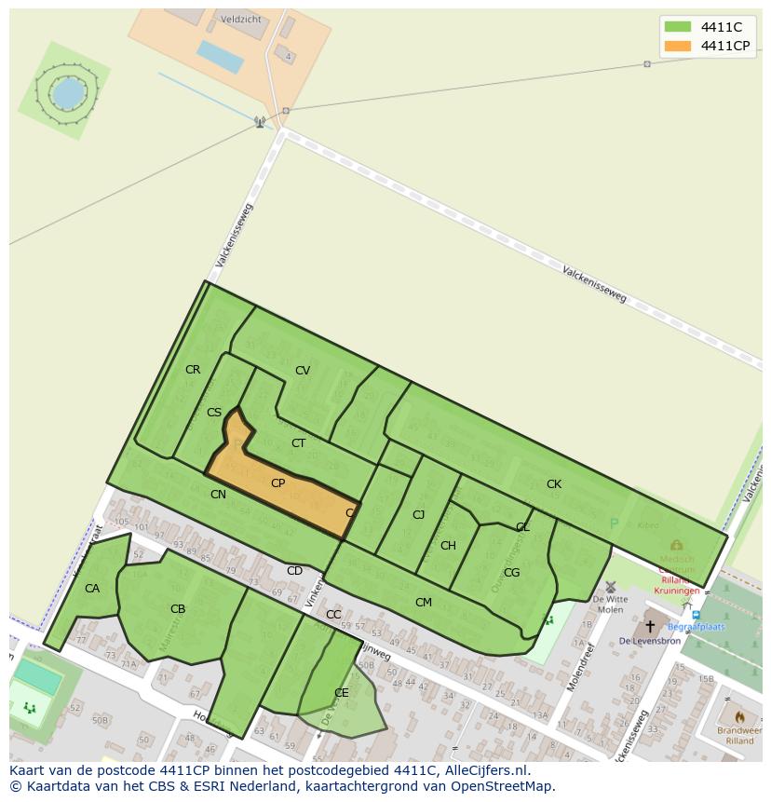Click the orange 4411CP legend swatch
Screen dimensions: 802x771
678,46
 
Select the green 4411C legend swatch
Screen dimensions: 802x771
678,27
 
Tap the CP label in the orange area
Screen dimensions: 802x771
277,483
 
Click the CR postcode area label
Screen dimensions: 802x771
193,370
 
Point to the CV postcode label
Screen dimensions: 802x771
303,371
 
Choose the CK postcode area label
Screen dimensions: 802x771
554,484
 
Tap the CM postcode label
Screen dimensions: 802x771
424,603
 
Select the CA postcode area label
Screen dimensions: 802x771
92,589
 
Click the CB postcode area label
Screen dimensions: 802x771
178,610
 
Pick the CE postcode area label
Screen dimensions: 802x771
342,693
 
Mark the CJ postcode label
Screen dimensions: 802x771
419,515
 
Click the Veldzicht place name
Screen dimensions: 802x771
241,18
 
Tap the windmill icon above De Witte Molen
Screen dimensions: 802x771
611,588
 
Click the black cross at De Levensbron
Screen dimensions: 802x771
650,626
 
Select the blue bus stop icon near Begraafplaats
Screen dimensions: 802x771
696,616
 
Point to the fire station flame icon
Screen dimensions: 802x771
739,718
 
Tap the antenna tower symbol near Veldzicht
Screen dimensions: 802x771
260,122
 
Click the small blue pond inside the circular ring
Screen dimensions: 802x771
67,92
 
